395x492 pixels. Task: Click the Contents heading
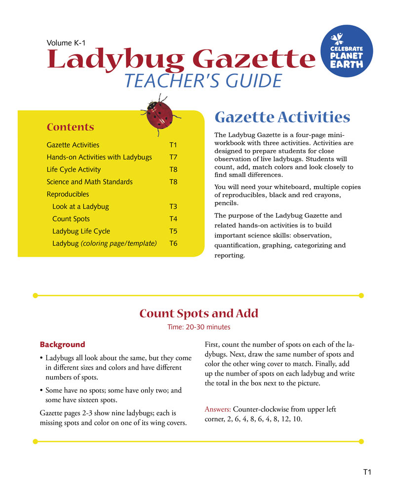pos(70,127)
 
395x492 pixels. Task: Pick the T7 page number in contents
pos(173,157)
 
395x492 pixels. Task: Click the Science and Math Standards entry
pos(89,182)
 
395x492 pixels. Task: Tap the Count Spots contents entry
pos(71,219)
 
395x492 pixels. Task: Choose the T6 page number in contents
pos(173,244)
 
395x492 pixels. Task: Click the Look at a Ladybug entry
pos(80,207)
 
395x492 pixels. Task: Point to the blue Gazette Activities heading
pos(282,117)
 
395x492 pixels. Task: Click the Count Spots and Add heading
pos(198,313)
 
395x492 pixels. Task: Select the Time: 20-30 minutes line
pos(198,327)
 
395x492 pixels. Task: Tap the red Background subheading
pos(62,344)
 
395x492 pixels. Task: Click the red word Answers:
pos(217,410)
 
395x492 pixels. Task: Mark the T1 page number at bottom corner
pos(367,473)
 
